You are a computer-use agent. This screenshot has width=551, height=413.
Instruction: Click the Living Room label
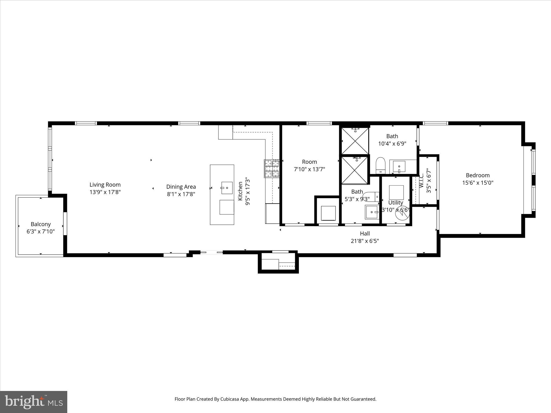tap(105, 185)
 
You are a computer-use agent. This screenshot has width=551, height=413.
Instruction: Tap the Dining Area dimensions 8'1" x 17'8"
tap(181, 194)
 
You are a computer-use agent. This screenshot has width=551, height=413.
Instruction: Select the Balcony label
tap(41, 224)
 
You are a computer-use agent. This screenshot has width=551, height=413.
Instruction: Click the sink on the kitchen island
tap(227, 188)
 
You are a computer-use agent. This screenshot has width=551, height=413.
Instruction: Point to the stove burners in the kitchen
tap(272, 169)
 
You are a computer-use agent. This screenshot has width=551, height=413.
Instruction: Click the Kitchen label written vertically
tap(240, 191)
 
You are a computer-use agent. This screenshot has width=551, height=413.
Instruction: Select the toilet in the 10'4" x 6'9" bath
tap(380, 165)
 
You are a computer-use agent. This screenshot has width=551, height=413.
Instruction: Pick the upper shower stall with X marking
tap(355, 141)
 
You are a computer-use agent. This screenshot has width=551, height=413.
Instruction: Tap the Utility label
tap(395, 202)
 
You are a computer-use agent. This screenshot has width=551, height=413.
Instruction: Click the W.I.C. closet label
tap(422, 180)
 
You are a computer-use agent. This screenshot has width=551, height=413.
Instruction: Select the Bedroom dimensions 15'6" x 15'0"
tap(478, 183)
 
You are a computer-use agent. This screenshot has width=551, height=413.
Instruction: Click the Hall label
tap(365, 233)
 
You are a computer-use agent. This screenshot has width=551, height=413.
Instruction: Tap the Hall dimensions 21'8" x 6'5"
tap(365, 241)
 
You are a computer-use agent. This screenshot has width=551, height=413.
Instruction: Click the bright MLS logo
tap(34, 402)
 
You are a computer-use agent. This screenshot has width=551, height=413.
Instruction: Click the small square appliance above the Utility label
tap(396, 192)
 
